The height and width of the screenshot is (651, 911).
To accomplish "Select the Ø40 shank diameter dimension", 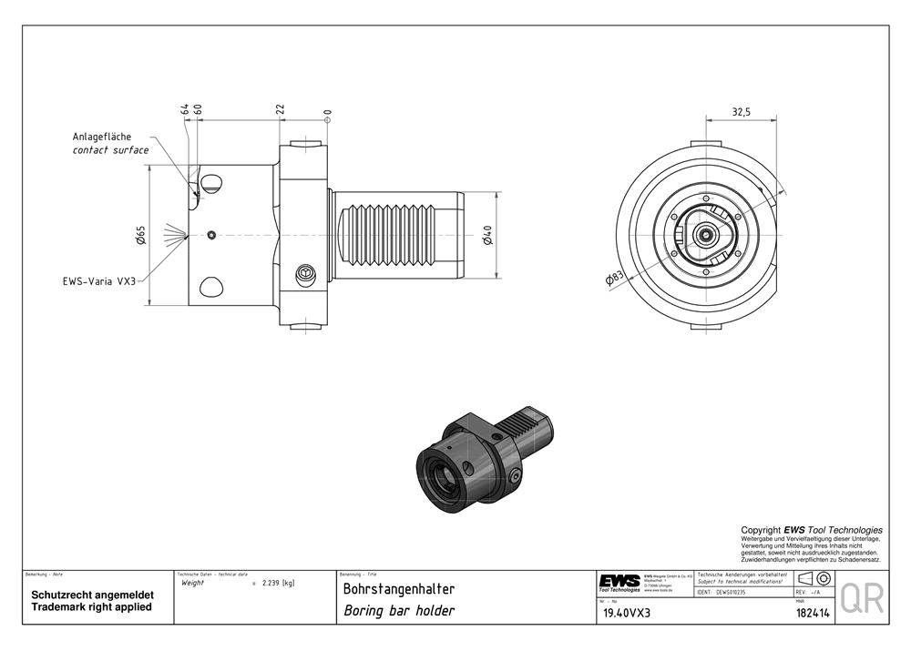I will click(488, 237).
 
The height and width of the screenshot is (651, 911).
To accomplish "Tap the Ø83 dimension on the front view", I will click(615, 279).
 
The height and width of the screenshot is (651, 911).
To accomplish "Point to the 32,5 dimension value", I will click(741, 112).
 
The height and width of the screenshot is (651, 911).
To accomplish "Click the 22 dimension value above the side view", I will click(281, 109).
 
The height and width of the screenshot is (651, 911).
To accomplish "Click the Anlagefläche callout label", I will click(102, 137).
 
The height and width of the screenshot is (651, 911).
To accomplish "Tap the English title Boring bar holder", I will click(399, 611).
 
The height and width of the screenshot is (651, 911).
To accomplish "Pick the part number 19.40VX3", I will click(628, 613).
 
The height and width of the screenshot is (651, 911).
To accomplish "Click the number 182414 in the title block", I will click(812, 613).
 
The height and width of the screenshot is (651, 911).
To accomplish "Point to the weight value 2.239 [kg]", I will click(278, 583).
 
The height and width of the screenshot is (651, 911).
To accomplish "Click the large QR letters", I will click(861, 598).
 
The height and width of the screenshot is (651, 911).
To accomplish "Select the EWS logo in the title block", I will click(619, 581).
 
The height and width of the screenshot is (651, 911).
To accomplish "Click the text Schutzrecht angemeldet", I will click(92, 595).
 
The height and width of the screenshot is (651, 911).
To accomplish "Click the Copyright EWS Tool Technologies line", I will click(811, 530).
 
